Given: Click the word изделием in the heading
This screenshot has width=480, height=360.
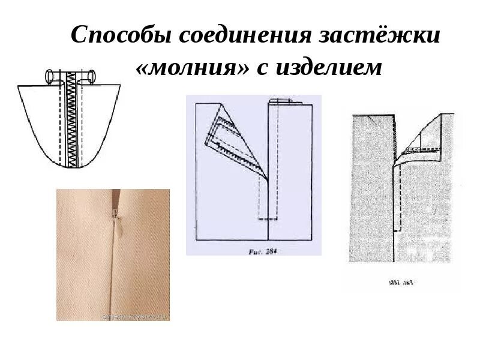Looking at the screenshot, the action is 329,68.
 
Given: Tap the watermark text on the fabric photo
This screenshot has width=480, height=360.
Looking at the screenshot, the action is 137,315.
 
